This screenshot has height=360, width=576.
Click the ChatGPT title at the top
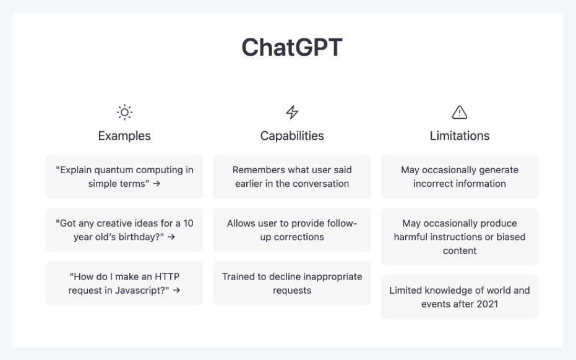(x=291, y=48)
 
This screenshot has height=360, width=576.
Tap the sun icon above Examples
(x=124, y=113)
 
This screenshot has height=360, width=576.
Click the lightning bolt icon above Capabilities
(x=292, y=113)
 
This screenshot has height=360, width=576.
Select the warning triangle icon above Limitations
(x=459, y=113)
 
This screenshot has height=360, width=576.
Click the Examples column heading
(x=124, y=135)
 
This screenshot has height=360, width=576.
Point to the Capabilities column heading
(x=292, y=135)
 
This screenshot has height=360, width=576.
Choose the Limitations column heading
(x=459, y=135)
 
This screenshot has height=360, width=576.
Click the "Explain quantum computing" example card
(x=124, y=177)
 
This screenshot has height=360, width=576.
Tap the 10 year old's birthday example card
(x=124, y=230)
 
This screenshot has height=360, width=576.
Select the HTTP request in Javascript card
(x=124, y=283)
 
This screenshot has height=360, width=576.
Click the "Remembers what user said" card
(x=292, y=177)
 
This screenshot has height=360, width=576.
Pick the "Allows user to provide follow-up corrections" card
(x=292, y=230)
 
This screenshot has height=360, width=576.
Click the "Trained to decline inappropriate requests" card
(x=292, y=283)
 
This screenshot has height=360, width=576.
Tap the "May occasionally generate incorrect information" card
(x=459, y=177)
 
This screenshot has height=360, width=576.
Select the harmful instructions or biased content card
(x=459, y=237)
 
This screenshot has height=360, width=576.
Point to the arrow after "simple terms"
(x=157, y=184)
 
